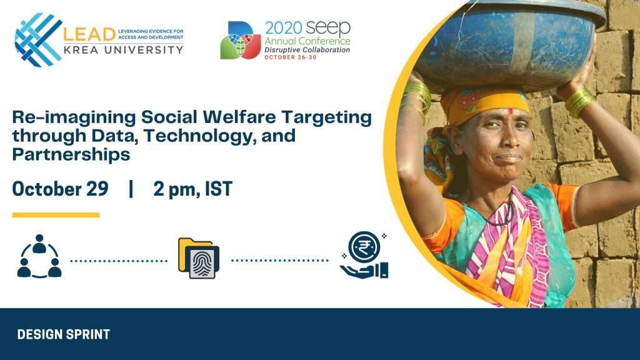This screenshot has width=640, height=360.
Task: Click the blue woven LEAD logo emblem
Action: click(x=38, y=39)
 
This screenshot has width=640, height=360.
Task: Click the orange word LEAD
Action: click(x=90, y=34)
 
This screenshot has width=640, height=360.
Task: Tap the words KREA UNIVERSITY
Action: click(x=124, y=50)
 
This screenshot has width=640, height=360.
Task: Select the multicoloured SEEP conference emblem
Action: click(x=241, y=40)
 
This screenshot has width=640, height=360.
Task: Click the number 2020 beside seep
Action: click(x=284, y=27)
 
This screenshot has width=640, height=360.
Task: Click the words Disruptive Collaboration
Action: click(x=307, y=50)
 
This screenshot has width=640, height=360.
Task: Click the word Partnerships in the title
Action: click(x=71, y=155)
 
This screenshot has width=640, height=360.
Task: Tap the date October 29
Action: click(x=61, y=189)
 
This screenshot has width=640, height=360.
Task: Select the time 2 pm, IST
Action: click(x=192, y=189)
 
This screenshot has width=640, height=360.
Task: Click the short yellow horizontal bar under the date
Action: click(x=56, y=215)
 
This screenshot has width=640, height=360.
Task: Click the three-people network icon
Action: click(x=39, y=256)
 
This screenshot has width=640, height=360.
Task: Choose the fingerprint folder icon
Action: click(x=199, y=258)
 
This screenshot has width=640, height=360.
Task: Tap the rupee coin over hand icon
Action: click(x=364, y=255)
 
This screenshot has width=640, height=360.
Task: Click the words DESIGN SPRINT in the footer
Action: click(x=64, y=335)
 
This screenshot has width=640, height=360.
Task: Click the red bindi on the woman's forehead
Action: click(x=510, y=111)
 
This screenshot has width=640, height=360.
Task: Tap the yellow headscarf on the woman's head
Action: click(x=482, y=105)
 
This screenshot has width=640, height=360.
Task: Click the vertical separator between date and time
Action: click(x=131, y=189)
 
